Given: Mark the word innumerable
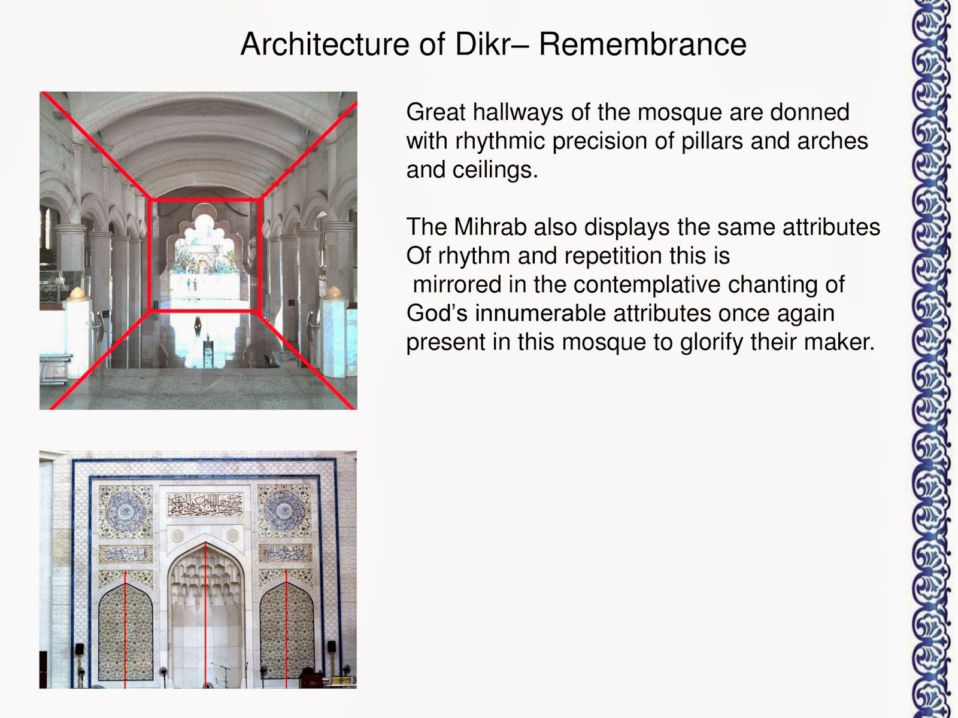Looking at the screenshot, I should point(545,314).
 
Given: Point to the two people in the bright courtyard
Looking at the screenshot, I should point(191,284).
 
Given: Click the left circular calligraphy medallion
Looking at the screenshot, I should point(126,512).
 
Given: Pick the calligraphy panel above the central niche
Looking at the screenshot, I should point(205,505).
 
